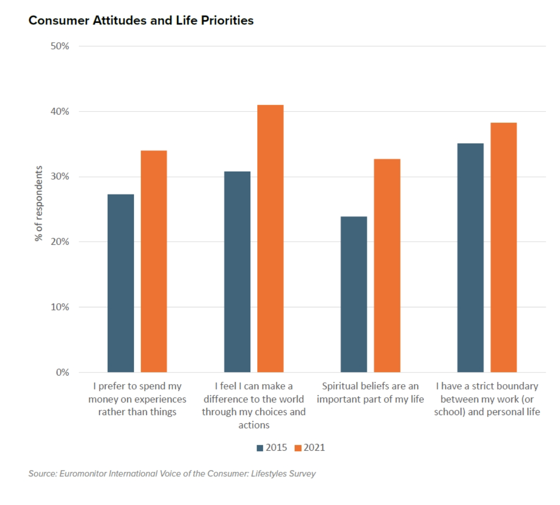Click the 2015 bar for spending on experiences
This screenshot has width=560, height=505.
120,283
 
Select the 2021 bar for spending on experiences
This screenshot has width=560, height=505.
154,261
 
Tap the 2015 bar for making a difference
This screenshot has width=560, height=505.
237,271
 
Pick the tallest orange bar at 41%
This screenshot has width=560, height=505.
270,238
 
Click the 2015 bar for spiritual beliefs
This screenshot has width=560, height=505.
354,294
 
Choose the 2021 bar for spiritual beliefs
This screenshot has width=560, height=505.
387,265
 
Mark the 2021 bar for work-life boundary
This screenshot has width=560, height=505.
503,247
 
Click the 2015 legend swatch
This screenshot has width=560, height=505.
260,448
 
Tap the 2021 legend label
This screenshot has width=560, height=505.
314,447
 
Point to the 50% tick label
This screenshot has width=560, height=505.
60,46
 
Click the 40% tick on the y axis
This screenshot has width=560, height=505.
60,111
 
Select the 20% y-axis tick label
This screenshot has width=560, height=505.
60,242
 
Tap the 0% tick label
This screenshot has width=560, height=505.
62,372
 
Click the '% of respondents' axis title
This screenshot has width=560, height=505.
39,203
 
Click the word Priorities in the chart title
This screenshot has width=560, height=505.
227,21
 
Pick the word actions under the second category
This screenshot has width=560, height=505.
253,425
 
